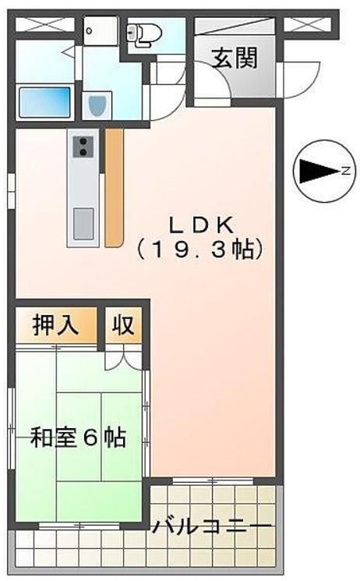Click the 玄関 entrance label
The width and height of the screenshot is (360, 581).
234,58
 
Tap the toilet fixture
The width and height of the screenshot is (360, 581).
145,33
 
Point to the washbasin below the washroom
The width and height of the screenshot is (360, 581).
97,105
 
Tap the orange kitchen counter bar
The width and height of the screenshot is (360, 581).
114,187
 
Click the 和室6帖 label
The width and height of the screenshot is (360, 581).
77,438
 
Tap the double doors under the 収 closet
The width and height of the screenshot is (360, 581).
123,356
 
